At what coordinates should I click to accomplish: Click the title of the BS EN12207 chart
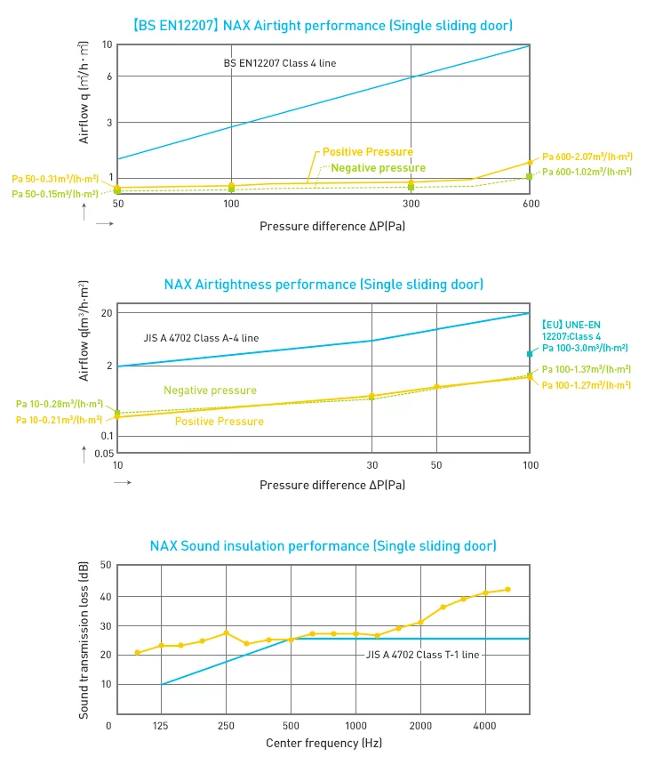point(323,25)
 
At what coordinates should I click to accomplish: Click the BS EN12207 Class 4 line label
point(279,64)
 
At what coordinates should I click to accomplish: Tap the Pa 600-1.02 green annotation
point(587,172)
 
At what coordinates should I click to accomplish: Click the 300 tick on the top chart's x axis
point(411,204)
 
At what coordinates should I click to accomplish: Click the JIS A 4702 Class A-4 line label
point(201,338)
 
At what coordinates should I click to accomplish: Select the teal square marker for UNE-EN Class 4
point(530,354)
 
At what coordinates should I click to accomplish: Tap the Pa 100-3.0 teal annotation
point(586,349)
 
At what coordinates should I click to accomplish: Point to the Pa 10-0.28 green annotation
point(60,404)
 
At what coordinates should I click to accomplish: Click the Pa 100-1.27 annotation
point(586,385)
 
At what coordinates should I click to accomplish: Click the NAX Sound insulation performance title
point(323,545)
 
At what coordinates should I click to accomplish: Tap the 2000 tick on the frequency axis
point(420,725)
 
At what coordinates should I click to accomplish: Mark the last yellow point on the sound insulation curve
point(507,589)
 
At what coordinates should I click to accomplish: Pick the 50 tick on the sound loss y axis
point(106,565)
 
